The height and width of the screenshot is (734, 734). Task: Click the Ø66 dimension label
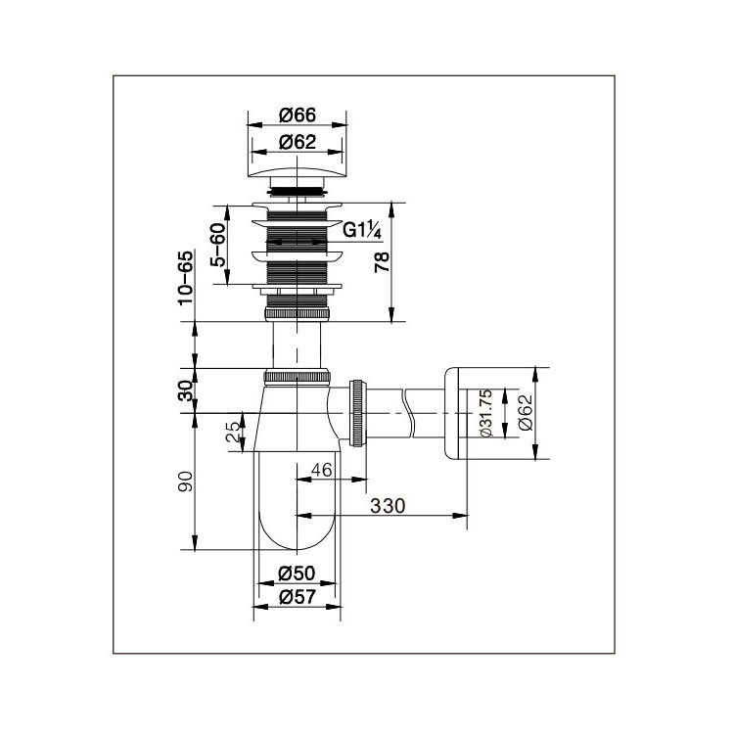coord(298,115)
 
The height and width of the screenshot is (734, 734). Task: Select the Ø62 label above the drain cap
coord(298,142)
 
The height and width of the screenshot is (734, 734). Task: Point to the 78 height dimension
coord(382,262)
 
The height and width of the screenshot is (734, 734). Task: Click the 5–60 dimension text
coord(217,245)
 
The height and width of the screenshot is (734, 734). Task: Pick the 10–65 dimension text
coord(185,278)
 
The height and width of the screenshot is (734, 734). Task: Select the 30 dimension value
coord(186,390)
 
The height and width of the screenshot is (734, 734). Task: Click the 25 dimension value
coord(233,432)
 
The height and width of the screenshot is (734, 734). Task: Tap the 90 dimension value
coord(185,481)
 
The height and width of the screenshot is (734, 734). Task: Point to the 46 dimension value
coord(322,470)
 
